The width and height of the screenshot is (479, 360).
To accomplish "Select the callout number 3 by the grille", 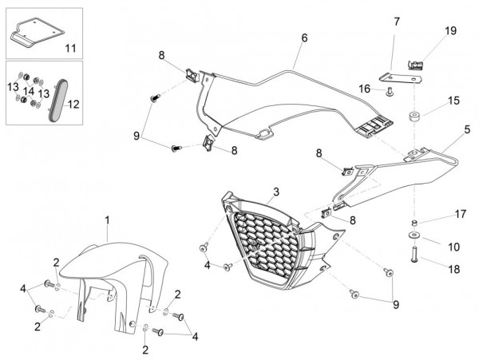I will click(x=275, y=192).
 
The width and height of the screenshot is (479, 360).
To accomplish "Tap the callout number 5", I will click(x=467, y=128).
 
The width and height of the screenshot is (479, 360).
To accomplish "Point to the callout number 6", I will click(x=304, y=38).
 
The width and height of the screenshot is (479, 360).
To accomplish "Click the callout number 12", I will click(x=73, y=104).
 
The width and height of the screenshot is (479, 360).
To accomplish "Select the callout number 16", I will click(x=366, y=90).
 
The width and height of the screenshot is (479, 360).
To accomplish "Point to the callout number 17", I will click(x=460, y=214).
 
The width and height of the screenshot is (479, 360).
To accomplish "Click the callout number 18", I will click(x=453, y=270).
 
